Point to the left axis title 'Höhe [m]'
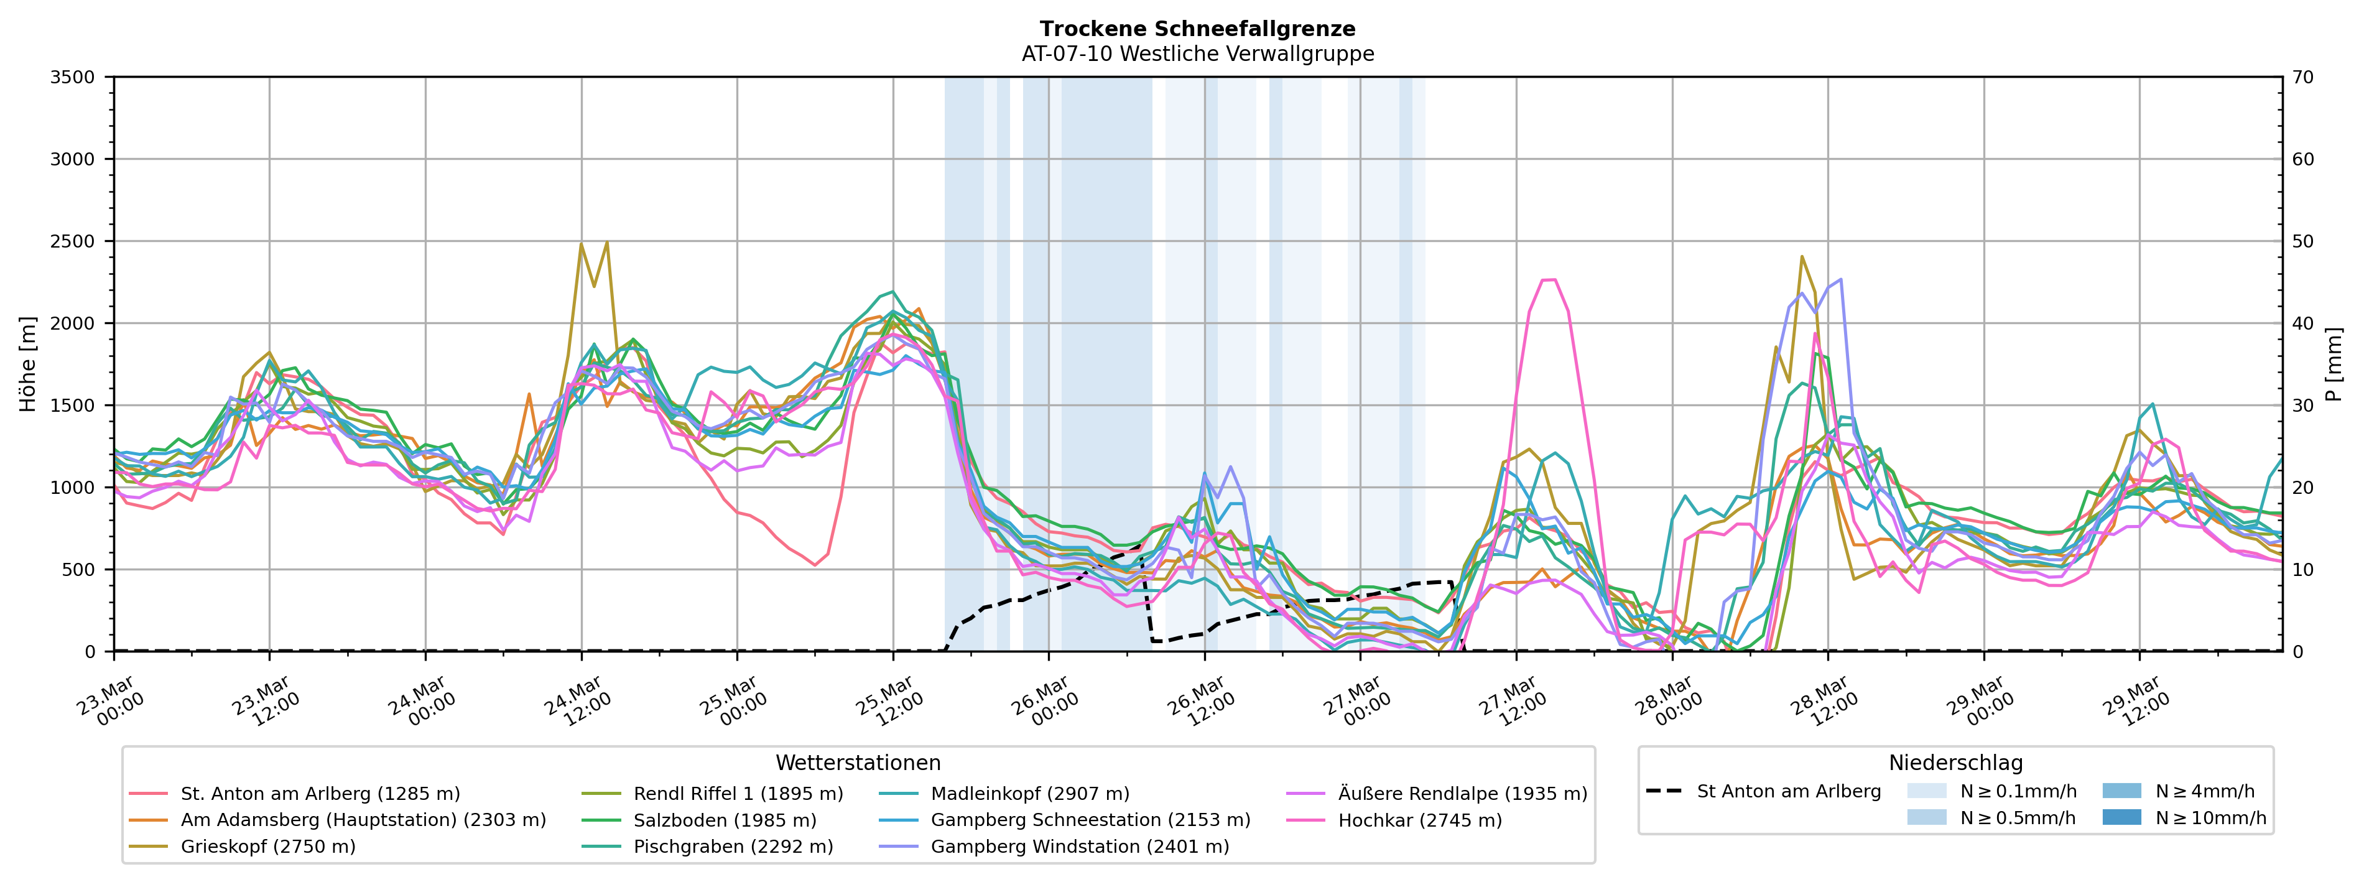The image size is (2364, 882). [x=29, y=364]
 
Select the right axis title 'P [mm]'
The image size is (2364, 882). [x=2334, y=364]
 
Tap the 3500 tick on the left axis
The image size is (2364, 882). [x=73, y=77]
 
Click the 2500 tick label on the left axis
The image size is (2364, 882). [x=73, y=241]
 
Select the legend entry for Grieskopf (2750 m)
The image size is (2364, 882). [x=268, y=846]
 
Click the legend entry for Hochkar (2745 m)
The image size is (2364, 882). [x=1420, y=820]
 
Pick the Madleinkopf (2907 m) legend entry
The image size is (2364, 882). [x=1030, y=793]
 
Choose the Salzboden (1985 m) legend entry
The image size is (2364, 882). [x=724, y=820]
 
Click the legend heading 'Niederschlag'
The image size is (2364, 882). [x=1955, y=763]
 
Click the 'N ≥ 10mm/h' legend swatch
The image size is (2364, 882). [x=2121, y=817]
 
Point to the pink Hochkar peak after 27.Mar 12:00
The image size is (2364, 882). [x=1548, y=280]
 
